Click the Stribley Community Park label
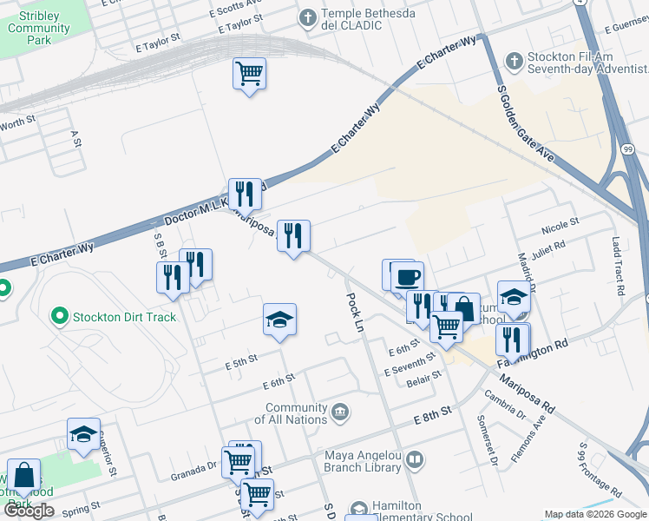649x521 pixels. click(x=38, y=28)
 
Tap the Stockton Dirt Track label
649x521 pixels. click(x=125, y=317)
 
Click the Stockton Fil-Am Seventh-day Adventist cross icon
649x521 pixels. click(x=515, y=61)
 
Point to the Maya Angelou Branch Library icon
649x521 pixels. click(x=415, y=458)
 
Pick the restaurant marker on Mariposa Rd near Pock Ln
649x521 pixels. click(x=293, y=236)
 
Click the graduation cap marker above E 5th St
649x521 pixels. click(x=279, y=320)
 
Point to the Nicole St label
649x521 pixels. click(x=560, y=227)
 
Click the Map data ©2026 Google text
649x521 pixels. click(x=595, y=514)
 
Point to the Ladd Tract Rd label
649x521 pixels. click(x=618, y=267)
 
